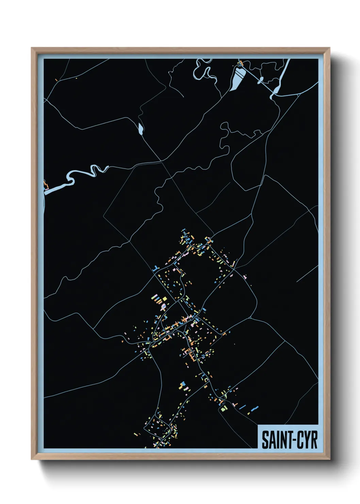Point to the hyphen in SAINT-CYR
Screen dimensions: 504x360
tap(292, 440)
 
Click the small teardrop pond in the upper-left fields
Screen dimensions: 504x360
tap(141, 128)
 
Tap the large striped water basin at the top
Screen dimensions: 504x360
tap(237, 79)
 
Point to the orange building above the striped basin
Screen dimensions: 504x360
tap(241, 63)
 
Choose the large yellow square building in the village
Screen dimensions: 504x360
tap(165, 299)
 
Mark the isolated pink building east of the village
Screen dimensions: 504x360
tap(245, 277)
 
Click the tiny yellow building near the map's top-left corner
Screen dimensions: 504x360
tap(77, 79)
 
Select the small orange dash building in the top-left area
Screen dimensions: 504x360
tap(56, 80)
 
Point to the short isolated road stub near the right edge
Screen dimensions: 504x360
tap(307, 274)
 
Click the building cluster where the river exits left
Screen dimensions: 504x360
tap(46, 185)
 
